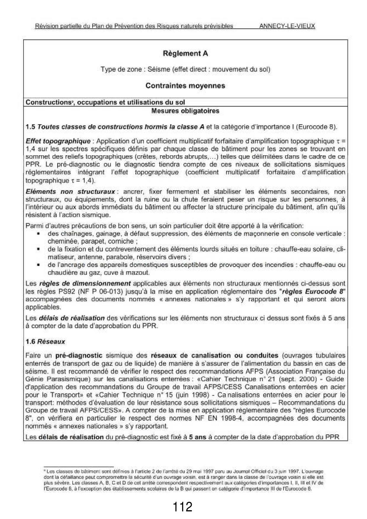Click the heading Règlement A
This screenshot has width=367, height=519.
185,54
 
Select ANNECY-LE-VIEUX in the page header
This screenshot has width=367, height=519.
287,26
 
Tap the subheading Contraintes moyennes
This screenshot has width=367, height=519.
185,86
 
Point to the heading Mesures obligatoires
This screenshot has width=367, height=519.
185,111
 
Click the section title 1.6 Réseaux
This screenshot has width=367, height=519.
45,341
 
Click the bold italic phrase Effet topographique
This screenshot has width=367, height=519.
58,141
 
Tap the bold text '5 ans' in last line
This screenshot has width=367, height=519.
198,437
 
